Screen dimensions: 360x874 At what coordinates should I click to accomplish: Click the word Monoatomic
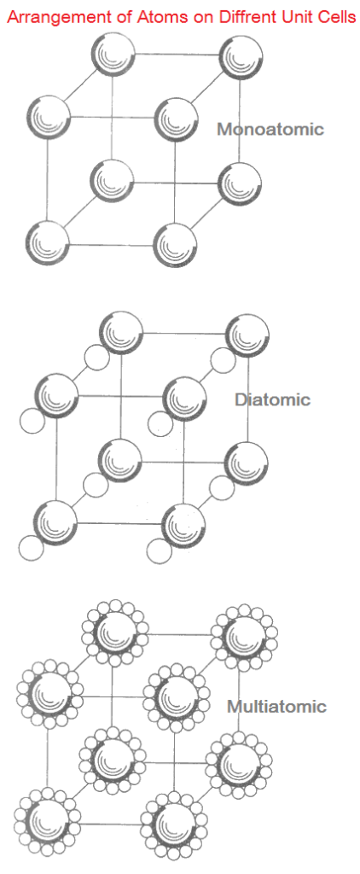coord(270,130)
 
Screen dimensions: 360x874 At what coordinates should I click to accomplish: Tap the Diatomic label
coord(272,399)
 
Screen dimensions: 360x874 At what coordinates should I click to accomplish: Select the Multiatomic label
coord(276,707)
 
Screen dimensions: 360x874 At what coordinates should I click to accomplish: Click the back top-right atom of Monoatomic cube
coord(241,57)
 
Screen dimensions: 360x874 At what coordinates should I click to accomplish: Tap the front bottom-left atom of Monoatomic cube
coord(48,243)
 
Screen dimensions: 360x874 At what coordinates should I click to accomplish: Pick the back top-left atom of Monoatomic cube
coord(113,54)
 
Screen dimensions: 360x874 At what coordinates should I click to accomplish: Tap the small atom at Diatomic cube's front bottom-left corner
coord(31,548)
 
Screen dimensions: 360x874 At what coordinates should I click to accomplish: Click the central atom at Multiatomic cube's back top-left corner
coord(115,632)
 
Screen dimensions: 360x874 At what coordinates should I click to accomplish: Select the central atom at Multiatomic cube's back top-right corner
coord(243,635)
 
